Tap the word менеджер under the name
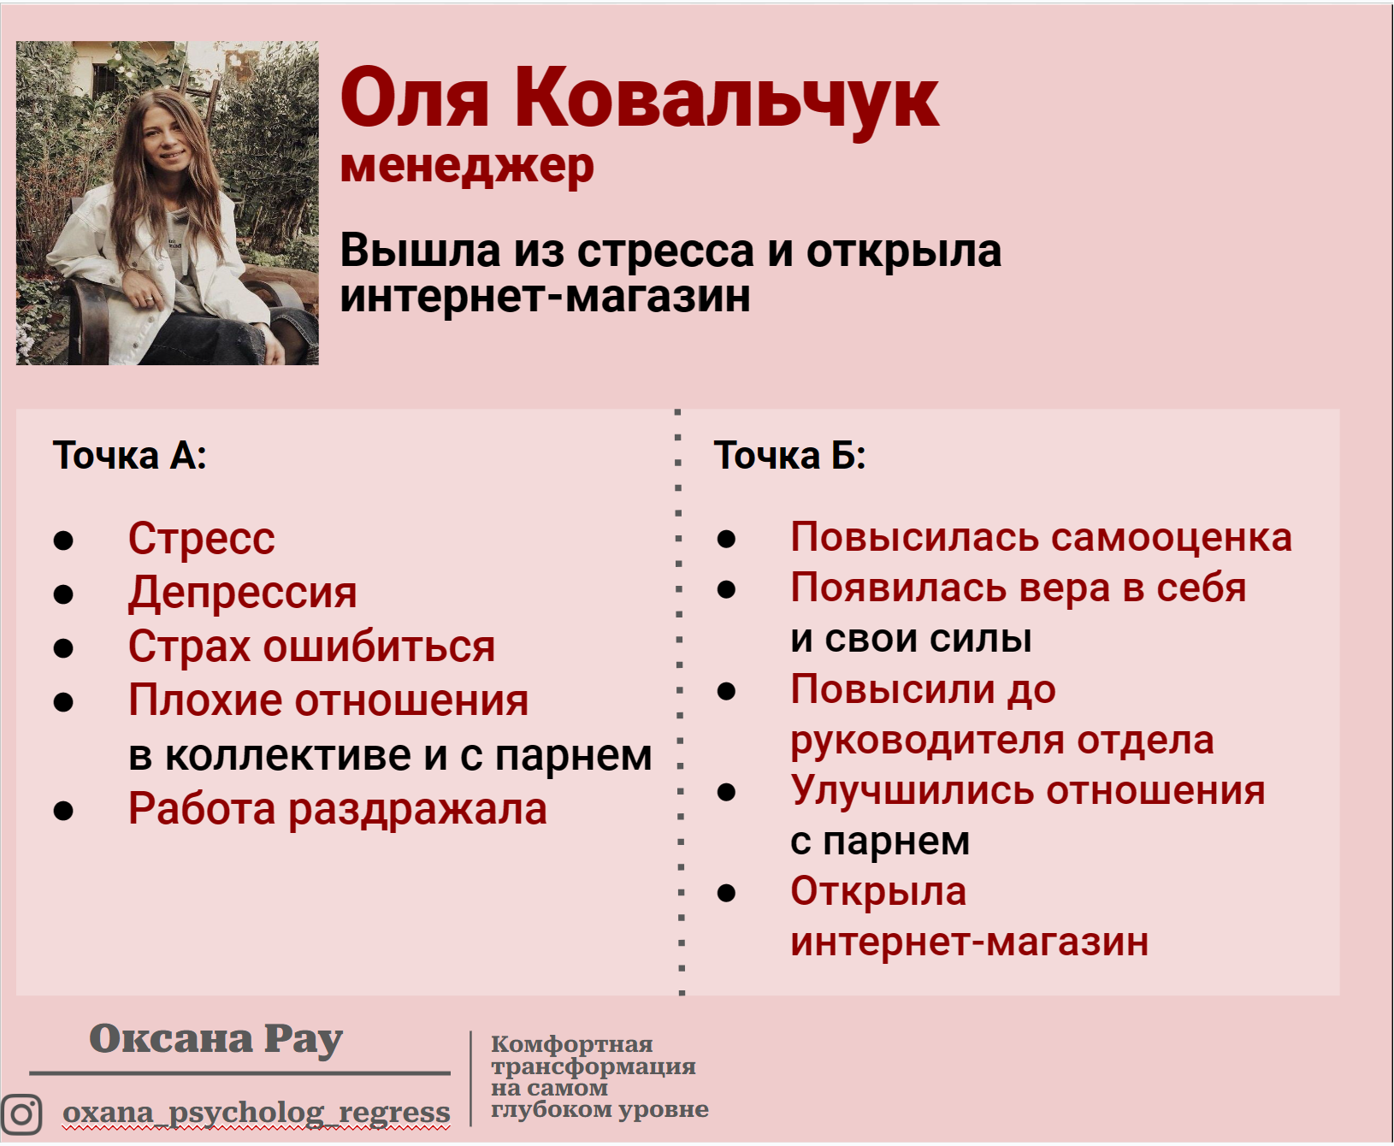click(x=467, y=166)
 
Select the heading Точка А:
click(x=129, y=456)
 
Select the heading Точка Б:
click(x=789, y=456)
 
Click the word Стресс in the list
click(x=201, y=539)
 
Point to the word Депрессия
click(x=242, y=593)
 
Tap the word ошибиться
click(x=379, y=647)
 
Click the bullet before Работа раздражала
click(x=63, y=810)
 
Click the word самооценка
click(x=1171, y=537)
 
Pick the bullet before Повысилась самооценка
click(x=727, y=539)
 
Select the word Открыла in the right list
click(x=878, y=891)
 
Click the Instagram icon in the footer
click(x=21, y=1114)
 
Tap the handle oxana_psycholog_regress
click(x=256, y=1113)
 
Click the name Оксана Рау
click(x=216, y=1040)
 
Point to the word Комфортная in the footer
click(x=571, y=1044)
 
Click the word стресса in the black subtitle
click(x=665, y=251)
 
